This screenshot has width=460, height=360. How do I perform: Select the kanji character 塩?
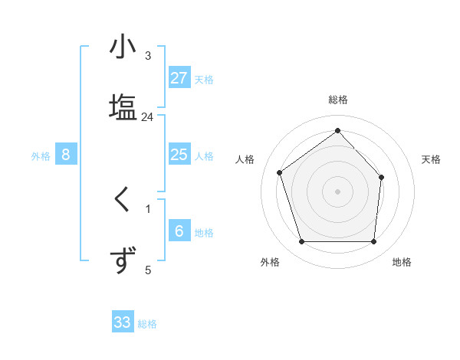coord(123,106)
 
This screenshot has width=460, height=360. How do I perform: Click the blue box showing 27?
coord(179,77)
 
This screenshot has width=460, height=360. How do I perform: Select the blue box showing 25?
coord(179,155)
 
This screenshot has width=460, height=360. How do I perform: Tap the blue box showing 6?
coord(179,231)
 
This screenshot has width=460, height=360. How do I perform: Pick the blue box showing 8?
coord(66,155)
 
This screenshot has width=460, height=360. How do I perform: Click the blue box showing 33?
coord(123,322)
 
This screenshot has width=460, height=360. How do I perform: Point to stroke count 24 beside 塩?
coord(147,117)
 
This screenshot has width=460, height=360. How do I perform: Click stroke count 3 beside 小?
coord(148,56)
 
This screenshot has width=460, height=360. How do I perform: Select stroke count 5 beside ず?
coord(148,270)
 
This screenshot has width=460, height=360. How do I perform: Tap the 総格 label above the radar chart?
coord(337,100)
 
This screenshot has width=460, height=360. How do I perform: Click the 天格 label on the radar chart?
coord(432,159)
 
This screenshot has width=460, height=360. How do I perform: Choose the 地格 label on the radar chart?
coord(402,262)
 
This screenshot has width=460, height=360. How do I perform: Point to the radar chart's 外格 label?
coord(270,262)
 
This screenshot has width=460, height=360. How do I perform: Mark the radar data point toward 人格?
coord(280,172)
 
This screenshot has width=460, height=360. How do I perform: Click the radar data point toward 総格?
coord(337,130)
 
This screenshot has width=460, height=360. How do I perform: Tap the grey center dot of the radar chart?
coord(337,191)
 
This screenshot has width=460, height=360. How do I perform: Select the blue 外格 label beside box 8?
coord(41,156)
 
